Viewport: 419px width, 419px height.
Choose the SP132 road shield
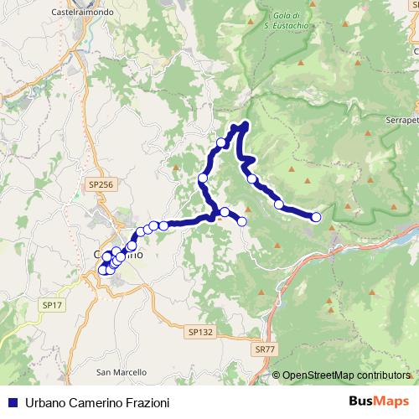click(202, 332)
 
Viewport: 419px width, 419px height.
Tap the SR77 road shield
click(265, 348)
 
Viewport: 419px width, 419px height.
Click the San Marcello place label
click(122, 371)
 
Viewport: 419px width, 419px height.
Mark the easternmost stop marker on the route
click(316, 218)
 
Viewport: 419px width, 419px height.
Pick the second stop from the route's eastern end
click(278, 204)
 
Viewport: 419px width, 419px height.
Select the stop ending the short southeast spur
click(242, 221)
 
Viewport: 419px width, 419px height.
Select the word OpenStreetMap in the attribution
click(323, 375)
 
